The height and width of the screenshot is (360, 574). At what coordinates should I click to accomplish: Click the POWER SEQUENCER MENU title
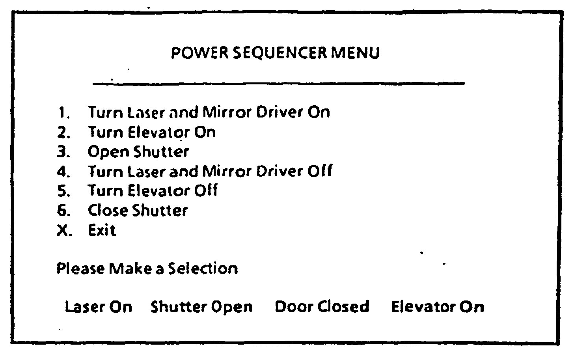coord(275,53)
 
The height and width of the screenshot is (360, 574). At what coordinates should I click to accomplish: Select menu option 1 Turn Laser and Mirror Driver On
coord(209,112)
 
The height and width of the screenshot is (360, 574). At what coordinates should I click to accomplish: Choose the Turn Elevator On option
coord(151,132)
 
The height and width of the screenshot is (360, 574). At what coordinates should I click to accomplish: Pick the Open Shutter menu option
coord(138,152)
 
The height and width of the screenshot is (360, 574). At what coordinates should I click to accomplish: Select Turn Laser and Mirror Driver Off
coord(210,171)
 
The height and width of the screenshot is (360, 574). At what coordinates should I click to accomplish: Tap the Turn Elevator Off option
coord(152,191)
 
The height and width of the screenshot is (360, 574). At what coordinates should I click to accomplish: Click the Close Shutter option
coord(138,210)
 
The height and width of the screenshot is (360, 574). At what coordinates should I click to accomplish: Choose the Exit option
coord(102,230)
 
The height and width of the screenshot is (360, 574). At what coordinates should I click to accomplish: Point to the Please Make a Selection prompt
coord(147,269)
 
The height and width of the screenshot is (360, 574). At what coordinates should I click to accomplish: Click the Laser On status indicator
coord(99,307)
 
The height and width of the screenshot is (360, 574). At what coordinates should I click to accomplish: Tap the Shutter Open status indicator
coord(201,307)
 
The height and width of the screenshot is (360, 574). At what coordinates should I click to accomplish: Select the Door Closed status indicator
coord(322,307)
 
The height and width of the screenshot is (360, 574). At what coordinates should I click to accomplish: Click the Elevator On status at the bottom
coord(437,307)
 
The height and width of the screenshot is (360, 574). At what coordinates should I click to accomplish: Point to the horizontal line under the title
coord(279,83)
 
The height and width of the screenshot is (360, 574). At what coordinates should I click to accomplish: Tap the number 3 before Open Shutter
coord(61,152)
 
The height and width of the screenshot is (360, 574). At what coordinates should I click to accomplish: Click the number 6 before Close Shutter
coord(61,210)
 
